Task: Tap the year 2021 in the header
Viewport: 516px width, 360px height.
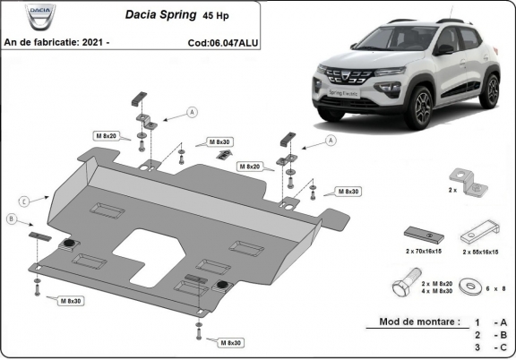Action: point(96,41)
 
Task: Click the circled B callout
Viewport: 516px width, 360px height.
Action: point(12,219)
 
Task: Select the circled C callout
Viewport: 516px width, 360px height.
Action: point(24,200)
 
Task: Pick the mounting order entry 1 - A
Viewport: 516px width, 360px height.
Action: point(491,321)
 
